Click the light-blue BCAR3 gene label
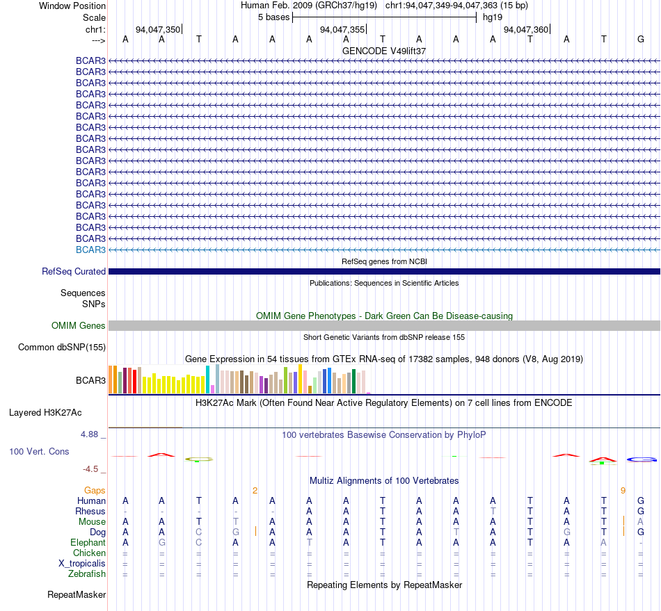tap(90, 250)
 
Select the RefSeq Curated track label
tap(73, 272)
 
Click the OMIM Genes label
tap(78, 325)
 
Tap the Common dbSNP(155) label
tap(61, 347)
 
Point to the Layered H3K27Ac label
tap(45, 413)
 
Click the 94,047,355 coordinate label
tap(342, 29)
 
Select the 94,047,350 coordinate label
tap(158, 29)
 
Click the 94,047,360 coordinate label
tap(526, 29)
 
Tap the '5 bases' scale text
tap(274, 17)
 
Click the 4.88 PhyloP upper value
tap(89, 434)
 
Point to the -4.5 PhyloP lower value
tap(90, 469)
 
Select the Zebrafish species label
tap(87, 574)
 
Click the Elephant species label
tap(88, 542)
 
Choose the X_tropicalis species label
tap(82, 564)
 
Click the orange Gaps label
tap(95, 490)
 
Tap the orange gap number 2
tap(255, 490)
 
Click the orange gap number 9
tap(623, 490)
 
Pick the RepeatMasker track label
tap(77, 594)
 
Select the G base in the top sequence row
tap(641, 39)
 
